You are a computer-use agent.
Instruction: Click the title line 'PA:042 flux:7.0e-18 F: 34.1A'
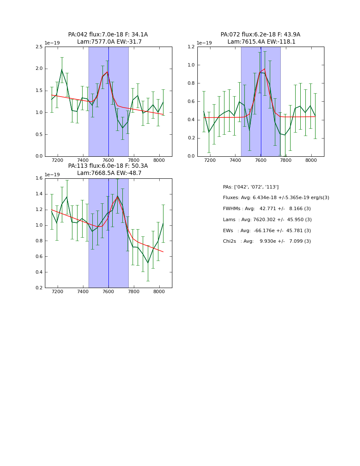click(x=108, y=35)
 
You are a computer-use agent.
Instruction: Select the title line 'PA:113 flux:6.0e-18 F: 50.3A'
click(x=108, y=166)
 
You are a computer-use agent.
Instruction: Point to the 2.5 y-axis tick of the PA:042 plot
click(x=39, y=47)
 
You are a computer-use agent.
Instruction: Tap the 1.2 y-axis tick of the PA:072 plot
click(x=191, y=47)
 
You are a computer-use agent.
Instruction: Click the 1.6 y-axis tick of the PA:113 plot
click(x=39, y=178)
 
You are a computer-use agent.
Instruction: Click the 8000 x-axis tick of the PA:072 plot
click(x=311, y=161)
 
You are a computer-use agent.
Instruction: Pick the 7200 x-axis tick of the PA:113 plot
click(x=57, y=292)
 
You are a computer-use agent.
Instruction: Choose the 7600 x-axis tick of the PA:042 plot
click(x=108, y=161)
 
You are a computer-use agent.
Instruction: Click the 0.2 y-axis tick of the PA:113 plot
click(x=39, y=288)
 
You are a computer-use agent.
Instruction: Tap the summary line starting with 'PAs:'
click(x=251, y=187)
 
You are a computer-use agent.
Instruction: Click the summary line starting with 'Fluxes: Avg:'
click(x=276, y=198)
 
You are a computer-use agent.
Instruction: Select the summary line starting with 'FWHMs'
click(x=267, y=209)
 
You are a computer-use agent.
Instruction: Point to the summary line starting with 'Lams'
click(x=267, y=220)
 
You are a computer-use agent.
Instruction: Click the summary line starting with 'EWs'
click(x=267, y=231)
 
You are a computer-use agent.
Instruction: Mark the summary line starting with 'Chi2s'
click(x=267, y=241)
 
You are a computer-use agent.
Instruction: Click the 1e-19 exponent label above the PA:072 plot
click(x=204, y=43)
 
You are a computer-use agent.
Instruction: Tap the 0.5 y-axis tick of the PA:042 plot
click(x=39, y=134)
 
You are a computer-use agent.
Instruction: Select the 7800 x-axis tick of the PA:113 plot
click(x=134, y=292)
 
